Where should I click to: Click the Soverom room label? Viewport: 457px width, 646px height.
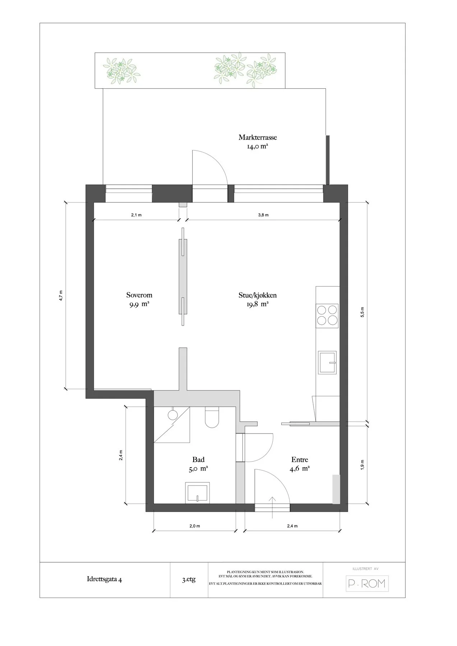click(x=139, y=295)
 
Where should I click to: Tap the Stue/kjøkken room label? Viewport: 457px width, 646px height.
click(x=257, y=295)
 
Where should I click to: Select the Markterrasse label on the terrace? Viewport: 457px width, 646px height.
click(x=258, y=137)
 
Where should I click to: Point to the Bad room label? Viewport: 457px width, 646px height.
click(x=198, y=459)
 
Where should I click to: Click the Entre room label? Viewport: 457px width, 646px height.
click(x=300, y=459)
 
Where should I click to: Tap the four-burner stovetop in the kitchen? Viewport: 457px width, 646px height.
click(x=327, y=315)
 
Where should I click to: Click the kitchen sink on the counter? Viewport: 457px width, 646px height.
click(x=327, y=362)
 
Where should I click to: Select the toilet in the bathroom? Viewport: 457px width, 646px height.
click(x=212, y=417)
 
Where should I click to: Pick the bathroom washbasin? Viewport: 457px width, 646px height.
click(x=197, y=492)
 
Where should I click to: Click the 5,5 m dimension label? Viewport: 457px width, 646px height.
click(x=362, y=313)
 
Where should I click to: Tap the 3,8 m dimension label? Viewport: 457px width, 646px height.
click(x=263, y=215)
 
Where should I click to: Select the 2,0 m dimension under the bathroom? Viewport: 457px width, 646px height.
click(x=194, y=526)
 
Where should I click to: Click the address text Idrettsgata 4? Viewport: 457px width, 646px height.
click(x=105, y=579)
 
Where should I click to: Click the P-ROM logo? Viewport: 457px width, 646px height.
click(x=367, y=584)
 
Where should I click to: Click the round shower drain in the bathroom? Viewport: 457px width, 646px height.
click(x=173, y=415)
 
